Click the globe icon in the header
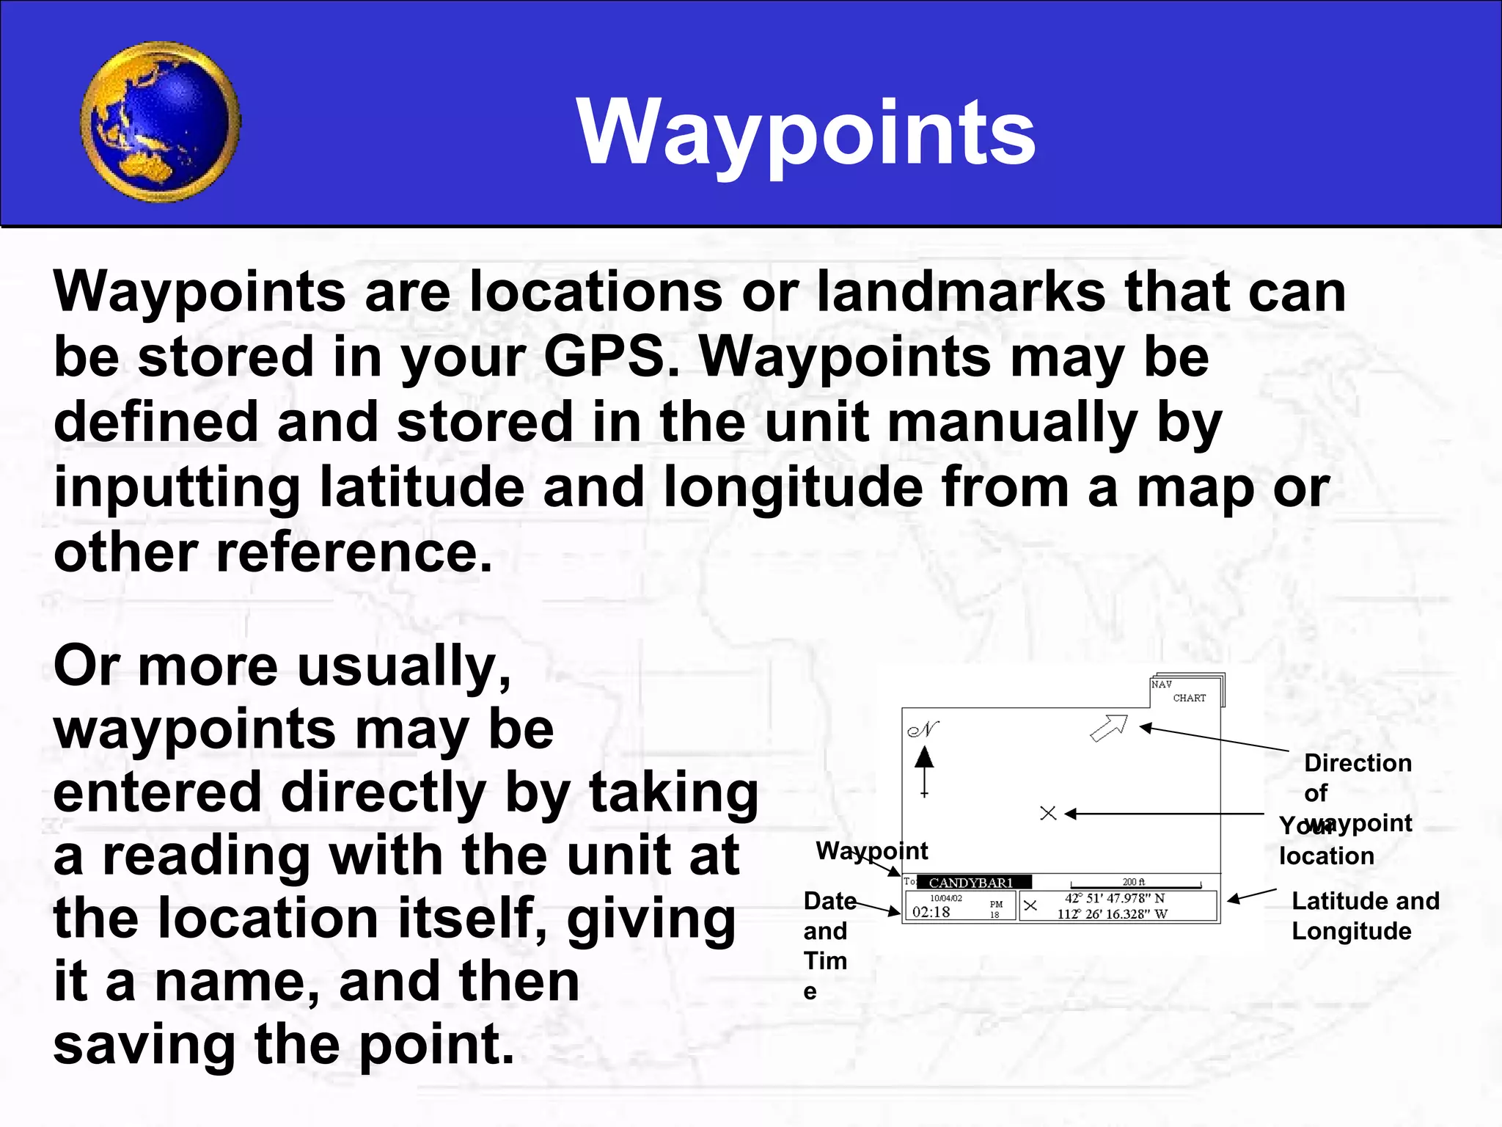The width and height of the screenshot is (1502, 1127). click(x=160, y=122)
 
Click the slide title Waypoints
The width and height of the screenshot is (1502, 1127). click(x=806, y=132)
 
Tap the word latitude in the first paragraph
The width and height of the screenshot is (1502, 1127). click(x=422, y=488)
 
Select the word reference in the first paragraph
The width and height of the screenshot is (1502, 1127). click(x=353, y=552)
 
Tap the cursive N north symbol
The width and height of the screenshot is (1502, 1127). click(x=923, y=729)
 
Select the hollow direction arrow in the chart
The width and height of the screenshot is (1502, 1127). click(x=1108, y=728)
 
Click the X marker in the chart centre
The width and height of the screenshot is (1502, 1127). click(x=1048, y=813)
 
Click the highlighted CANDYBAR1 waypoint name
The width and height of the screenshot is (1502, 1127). click(x=971, y=883)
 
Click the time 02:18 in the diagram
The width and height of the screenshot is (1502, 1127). click(x=931, y=912)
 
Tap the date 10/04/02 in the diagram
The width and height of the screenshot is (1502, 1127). click(x=945, y=898)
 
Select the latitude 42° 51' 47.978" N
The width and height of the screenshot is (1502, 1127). click(x=1114, y=898)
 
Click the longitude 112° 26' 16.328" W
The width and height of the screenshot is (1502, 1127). click(x=1112, y=914)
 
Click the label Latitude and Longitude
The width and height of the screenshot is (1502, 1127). click(x=1364, y=915)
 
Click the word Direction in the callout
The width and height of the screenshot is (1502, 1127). click(x=1357, y=763)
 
